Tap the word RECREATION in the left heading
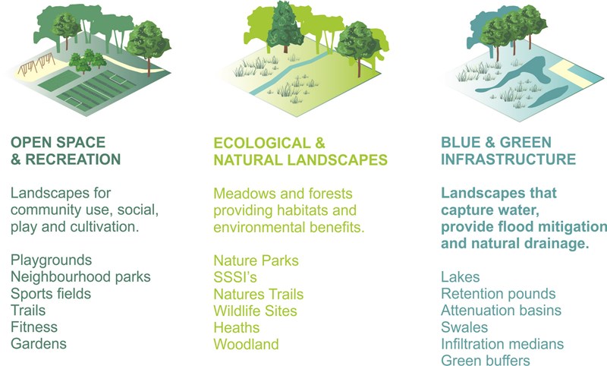73,159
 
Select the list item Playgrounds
51,260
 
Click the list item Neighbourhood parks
80,276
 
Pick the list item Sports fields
51,293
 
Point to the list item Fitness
34,327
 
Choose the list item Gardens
39,343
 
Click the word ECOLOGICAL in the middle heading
262,143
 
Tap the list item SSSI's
235,277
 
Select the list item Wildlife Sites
255,311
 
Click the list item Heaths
237,328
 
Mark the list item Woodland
246,344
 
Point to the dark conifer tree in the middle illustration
285,27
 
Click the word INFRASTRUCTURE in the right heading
508,159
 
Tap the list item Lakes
461,277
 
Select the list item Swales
464,327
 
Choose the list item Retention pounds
498,294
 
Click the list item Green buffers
485,360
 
